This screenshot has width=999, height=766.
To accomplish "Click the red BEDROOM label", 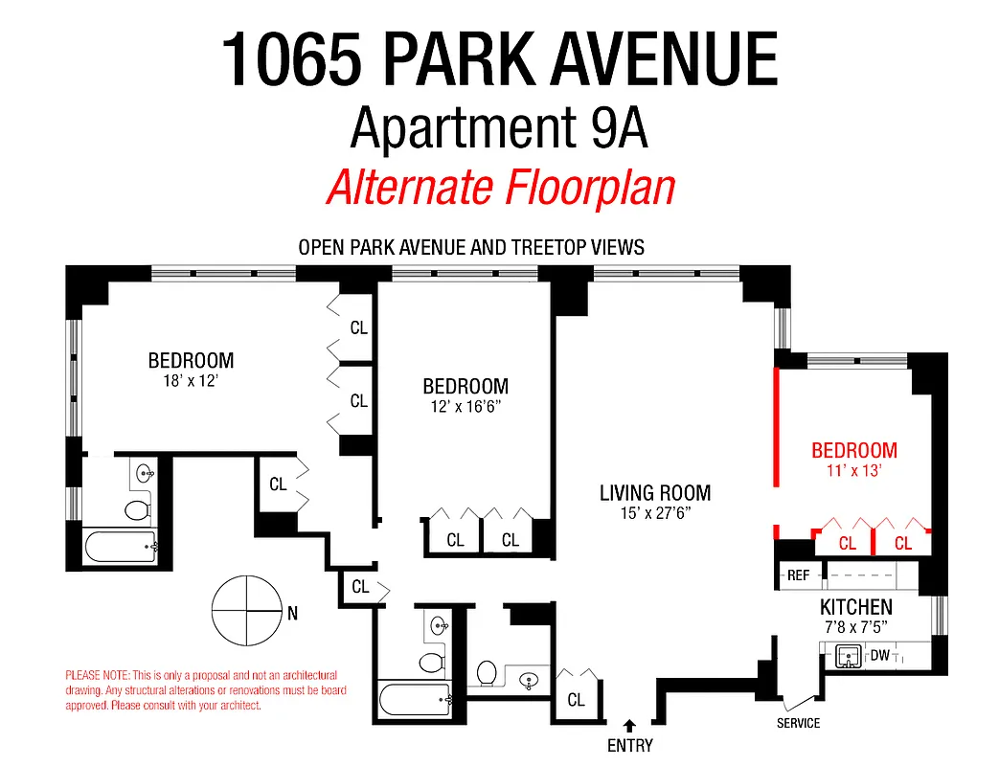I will [x=854, y=450].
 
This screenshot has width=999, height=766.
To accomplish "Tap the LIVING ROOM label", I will [x=655, y=493].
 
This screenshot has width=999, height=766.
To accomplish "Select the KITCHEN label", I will [x=855, y=607].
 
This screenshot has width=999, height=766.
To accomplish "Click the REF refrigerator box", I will [x=798, y=575].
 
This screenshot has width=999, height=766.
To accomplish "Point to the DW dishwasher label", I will [x=879, y=656].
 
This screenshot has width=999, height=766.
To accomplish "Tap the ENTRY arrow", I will [x=629, y=726].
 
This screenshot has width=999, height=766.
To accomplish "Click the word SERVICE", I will [x=798, y=723].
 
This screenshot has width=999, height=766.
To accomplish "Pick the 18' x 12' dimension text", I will [x=191, y=380].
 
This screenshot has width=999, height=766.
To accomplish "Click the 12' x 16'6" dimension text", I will [x=465, y=406].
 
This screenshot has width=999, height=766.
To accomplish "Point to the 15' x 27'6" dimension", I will [x=655, y=513].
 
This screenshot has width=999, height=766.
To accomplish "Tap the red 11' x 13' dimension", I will [x=854, y=471].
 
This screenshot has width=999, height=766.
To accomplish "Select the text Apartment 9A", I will [x=499, y=129].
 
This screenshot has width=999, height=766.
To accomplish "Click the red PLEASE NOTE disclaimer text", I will [x=206, y=689].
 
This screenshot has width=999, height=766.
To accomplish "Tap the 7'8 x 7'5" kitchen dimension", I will [x=855, y=627].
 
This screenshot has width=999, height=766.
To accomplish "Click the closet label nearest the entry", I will [x=576, y=700].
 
